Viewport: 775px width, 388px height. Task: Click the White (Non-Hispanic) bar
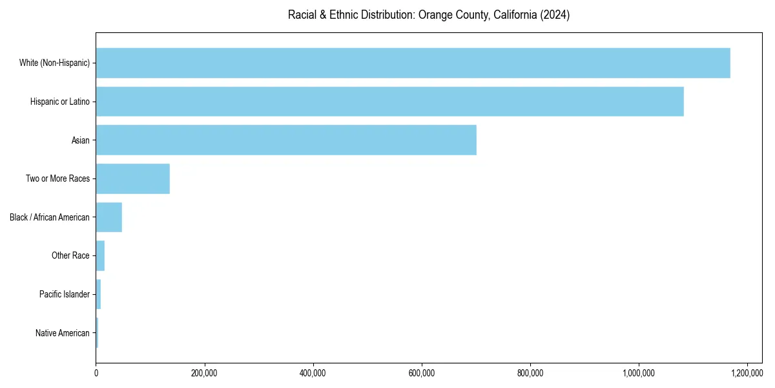[413, 63]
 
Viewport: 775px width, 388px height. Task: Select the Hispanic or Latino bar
[389, 102]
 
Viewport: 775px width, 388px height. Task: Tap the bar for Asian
[286, 140]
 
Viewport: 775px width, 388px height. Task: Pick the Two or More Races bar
[133, 178]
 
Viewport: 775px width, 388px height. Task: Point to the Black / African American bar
[109, 217]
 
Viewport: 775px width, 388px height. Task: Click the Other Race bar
[100, 255]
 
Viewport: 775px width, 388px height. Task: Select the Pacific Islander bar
[98, 294]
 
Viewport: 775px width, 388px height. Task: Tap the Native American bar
[97, 333]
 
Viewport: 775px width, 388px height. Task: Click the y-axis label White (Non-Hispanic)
[54, 63]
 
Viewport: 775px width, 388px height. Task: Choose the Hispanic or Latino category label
[59, 102]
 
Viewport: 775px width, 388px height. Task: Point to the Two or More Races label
[57, 178]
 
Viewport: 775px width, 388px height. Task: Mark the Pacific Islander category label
[64, 294]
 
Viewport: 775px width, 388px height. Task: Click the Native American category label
[63, 333]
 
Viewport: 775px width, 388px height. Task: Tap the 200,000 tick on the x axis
[205, 373]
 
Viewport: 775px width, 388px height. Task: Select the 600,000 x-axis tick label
[422, 373]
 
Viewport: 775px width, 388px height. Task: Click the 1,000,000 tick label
[639, 373]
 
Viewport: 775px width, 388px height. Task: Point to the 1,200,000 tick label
[747, 373]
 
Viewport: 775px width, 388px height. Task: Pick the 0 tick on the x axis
[96, 373]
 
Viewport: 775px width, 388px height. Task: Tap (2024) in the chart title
[556, 15]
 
